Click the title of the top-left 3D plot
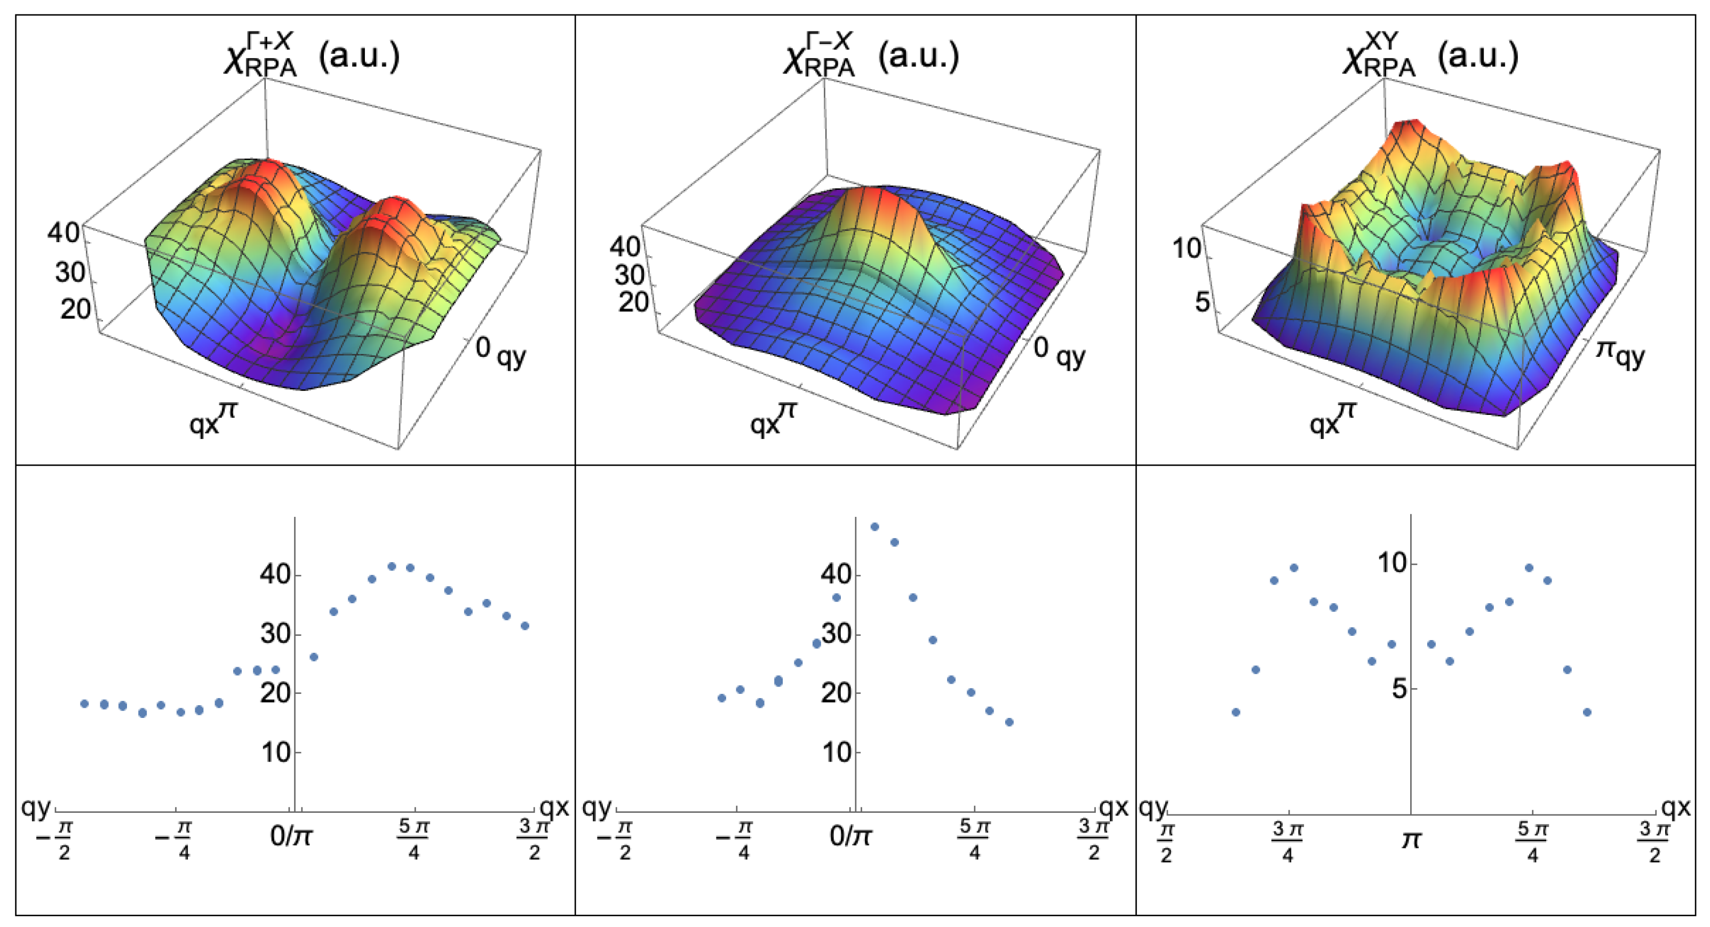pyautogui.click(x=312, y=57)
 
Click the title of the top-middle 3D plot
pyautogui.click(x=871, y=57)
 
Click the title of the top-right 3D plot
pyautogui.click(x=1430, y=57)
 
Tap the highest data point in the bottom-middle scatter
pyautogui.click(x=874, y=527)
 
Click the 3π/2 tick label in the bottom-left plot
pyautogui.click(x=534, y=840)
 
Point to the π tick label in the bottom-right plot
pyautogui.click(x=1411, y=841)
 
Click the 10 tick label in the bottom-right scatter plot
pyautogui.click(x=1392, y=563)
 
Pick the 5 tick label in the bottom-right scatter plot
pyautogui.click(x=1398, y=689)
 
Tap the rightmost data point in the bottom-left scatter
pyautogui.click(x=525, y=626)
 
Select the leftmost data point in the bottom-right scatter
pyautogui.click(x=1235, y=712)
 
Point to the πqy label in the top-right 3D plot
pyautogui.click(x=1620, y=353)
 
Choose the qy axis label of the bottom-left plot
pyautogui.click(x=36, y=808)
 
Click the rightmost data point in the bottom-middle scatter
pyautogui.click(x=1009, y=722)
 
